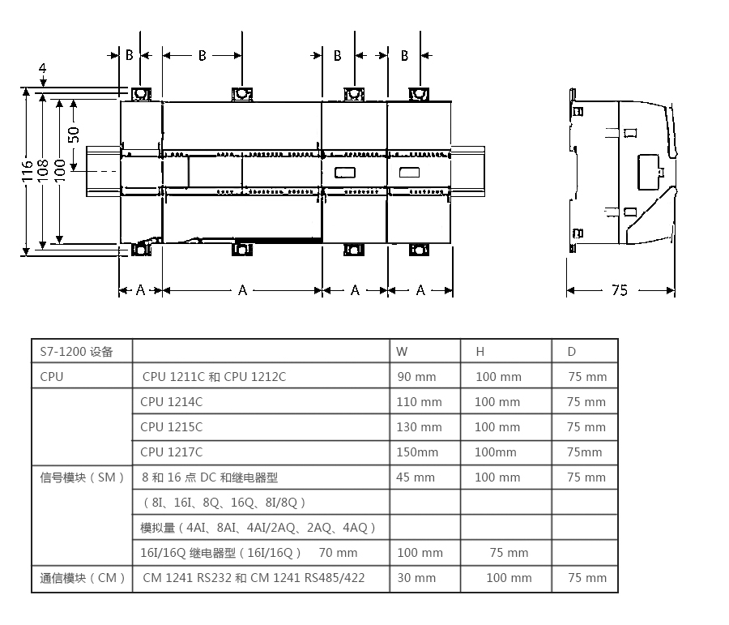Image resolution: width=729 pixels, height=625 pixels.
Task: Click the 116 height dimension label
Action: (27, 171)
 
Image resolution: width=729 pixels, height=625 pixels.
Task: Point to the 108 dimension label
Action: (42, 171)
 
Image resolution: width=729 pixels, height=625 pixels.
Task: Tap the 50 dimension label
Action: (74, 135)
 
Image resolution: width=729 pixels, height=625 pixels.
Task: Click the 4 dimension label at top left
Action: (42, 68)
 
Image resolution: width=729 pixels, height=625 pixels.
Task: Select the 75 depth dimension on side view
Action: (620, 290)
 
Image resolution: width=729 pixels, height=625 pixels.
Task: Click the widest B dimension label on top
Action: (202, 56)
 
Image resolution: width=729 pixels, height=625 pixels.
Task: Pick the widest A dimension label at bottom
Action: (242, 290)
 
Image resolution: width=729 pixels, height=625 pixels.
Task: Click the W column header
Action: (402, 352)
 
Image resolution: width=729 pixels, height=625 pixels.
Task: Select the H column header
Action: (480, 352)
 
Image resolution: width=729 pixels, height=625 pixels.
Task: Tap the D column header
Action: (571, 352)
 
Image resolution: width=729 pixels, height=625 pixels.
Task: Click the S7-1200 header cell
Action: (77, 352)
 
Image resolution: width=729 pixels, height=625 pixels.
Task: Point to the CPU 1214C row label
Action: (172, 401)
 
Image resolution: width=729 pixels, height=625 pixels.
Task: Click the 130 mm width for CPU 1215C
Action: (419, 426)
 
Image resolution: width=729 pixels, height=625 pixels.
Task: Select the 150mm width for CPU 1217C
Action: (417, 452)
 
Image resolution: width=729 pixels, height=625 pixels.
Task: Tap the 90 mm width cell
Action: (416, 376)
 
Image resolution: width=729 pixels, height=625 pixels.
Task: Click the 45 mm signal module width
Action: (416, 477)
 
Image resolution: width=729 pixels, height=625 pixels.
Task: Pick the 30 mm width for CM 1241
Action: (416, 577)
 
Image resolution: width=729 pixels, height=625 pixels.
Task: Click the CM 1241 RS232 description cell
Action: (254, 577)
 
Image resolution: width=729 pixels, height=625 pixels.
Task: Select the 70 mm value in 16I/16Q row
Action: (338, 552)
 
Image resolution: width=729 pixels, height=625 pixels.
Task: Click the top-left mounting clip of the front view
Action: (141, 94)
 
